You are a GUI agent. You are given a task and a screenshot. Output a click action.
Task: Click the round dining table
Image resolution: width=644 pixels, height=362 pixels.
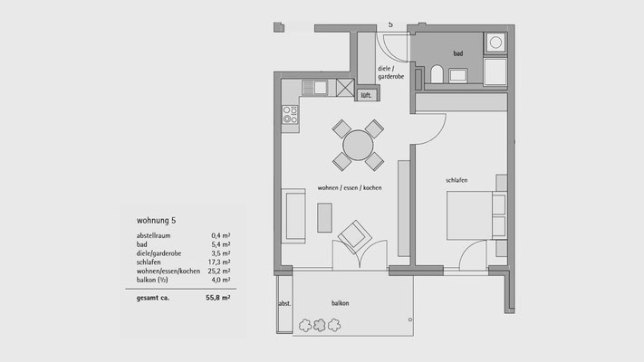click(x=358, y=146)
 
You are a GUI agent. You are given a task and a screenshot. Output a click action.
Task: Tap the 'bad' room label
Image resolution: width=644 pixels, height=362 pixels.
click(x=458, y=53)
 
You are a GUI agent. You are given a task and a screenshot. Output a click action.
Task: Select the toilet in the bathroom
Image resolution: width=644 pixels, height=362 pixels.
click(x=437, y=74)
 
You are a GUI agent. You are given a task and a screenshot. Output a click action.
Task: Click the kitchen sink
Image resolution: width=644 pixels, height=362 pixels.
click(x=321, y=88)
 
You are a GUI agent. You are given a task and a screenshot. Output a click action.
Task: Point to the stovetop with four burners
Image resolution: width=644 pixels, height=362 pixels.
click(x=290, y=115)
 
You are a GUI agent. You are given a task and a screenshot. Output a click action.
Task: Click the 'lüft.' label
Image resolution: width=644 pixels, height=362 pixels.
click(x=366, y=96)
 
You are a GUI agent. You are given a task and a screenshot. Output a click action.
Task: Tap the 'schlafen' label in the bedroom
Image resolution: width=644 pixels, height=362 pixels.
click(x=457, y=180)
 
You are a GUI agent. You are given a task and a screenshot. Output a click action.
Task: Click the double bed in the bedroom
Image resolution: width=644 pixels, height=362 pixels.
click(x=476, y=215)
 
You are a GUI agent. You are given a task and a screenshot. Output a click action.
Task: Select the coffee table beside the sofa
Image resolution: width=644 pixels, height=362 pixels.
click(x=324, y=217)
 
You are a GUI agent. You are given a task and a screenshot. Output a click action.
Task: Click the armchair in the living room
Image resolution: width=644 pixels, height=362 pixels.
click(x=354, y=236)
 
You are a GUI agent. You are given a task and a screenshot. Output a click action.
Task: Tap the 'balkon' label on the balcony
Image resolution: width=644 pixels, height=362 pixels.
click(x=340, y=303)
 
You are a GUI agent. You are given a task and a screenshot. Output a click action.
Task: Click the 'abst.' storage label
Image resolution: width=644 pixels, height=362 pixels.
click(x=284, y=304)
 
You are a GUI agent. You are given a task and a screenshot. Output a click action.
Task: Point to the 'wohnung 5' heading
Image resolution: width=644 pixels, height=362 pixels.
click(x=156, y=221)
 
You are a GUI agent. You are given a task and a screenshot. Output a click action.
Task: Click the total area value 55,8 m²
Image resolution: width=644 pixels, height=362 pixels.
click(x=217, y=298)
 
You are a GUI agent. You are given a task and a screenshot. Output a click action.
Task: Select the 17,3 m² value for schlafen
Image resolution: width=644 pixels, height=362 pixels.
click(x=219, y=262)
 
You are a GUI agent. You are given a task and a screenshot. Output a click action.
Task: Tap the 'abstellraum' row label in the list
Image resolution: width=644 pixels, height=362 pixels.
click(x=153, y=235)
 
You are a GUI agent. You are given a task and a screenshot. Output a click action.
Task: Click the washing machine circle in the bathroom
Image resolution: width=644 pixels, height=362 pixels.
click(x=495, y=43)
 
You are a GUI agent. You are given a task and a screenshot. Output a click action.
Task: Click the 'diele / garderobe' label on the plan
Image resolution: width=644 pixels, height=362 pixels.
click(x=390, y=72)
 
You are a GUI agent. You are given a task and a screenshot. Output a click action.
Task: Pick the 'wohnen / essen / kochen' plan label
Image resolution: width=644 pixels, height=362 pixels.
click(x=350, y=188)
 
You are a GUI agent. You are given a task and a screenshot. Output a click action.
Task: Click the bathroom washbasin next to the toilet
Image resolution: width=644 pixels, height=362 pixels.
click(x=457, y=75)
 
